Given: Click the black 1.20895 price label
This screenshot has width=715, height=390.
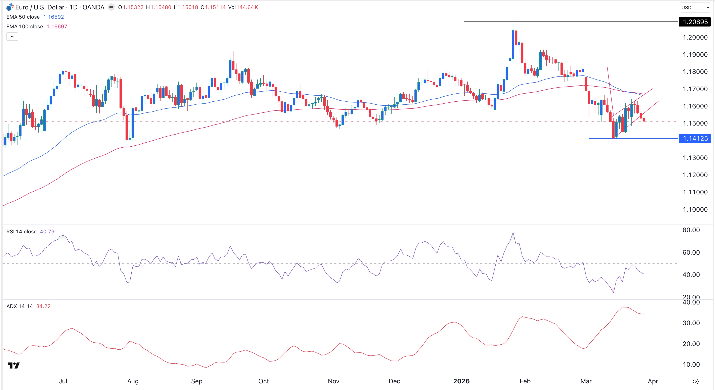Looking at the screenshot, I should pyautogui.click(x=695, y=22).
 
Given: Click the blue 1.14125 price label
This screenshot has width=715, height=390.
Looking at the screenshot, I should pyautogui.click(x=695, y=138).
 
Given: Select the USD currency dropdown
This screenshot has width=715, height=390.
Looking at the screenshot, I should pyautogui.click(x=695, y=7).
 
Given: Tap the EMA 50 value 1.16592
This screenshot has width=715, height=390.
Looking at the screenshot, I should pyautogui.click(x=54, y=17).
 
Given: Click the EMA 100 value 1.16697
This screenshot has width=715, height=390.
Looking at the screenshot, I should pyautogui.click(x=57, y=27).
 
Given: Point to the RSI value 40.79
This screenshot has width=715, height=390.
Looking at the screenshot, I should pyautogui.click(x=47, y=232).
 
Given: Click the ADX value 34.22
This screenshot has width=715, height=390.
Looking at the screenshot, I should pyautogui.click(x=43, y=306).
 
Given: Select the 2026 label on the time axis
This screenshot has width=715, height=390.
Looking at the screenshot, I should pyautogui.click(x=461, y=381).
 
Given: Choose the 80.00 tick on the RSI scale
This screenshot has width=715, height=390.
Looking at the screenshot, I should pyautogui.click(x=691, y=230).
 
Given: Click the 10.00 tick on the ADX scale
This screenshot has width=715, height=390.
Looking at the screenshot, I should pyautogui.click(x=691, y=364).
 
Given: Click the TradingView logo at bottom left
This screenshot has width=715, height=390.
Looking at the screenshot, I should pyautogui.click(x=13, y=365).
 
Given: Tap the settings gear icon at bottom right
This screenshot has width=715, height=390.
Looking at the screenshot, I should pyautogui.click(x=696, y=381).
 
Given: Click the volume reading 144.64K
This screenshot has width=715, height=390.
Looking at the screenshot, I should pyautogui.click(x=247, y=7).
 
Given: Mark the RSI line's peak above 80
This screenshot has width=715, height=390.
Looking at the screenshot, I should pyautogui.click(x=513, y=232).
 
